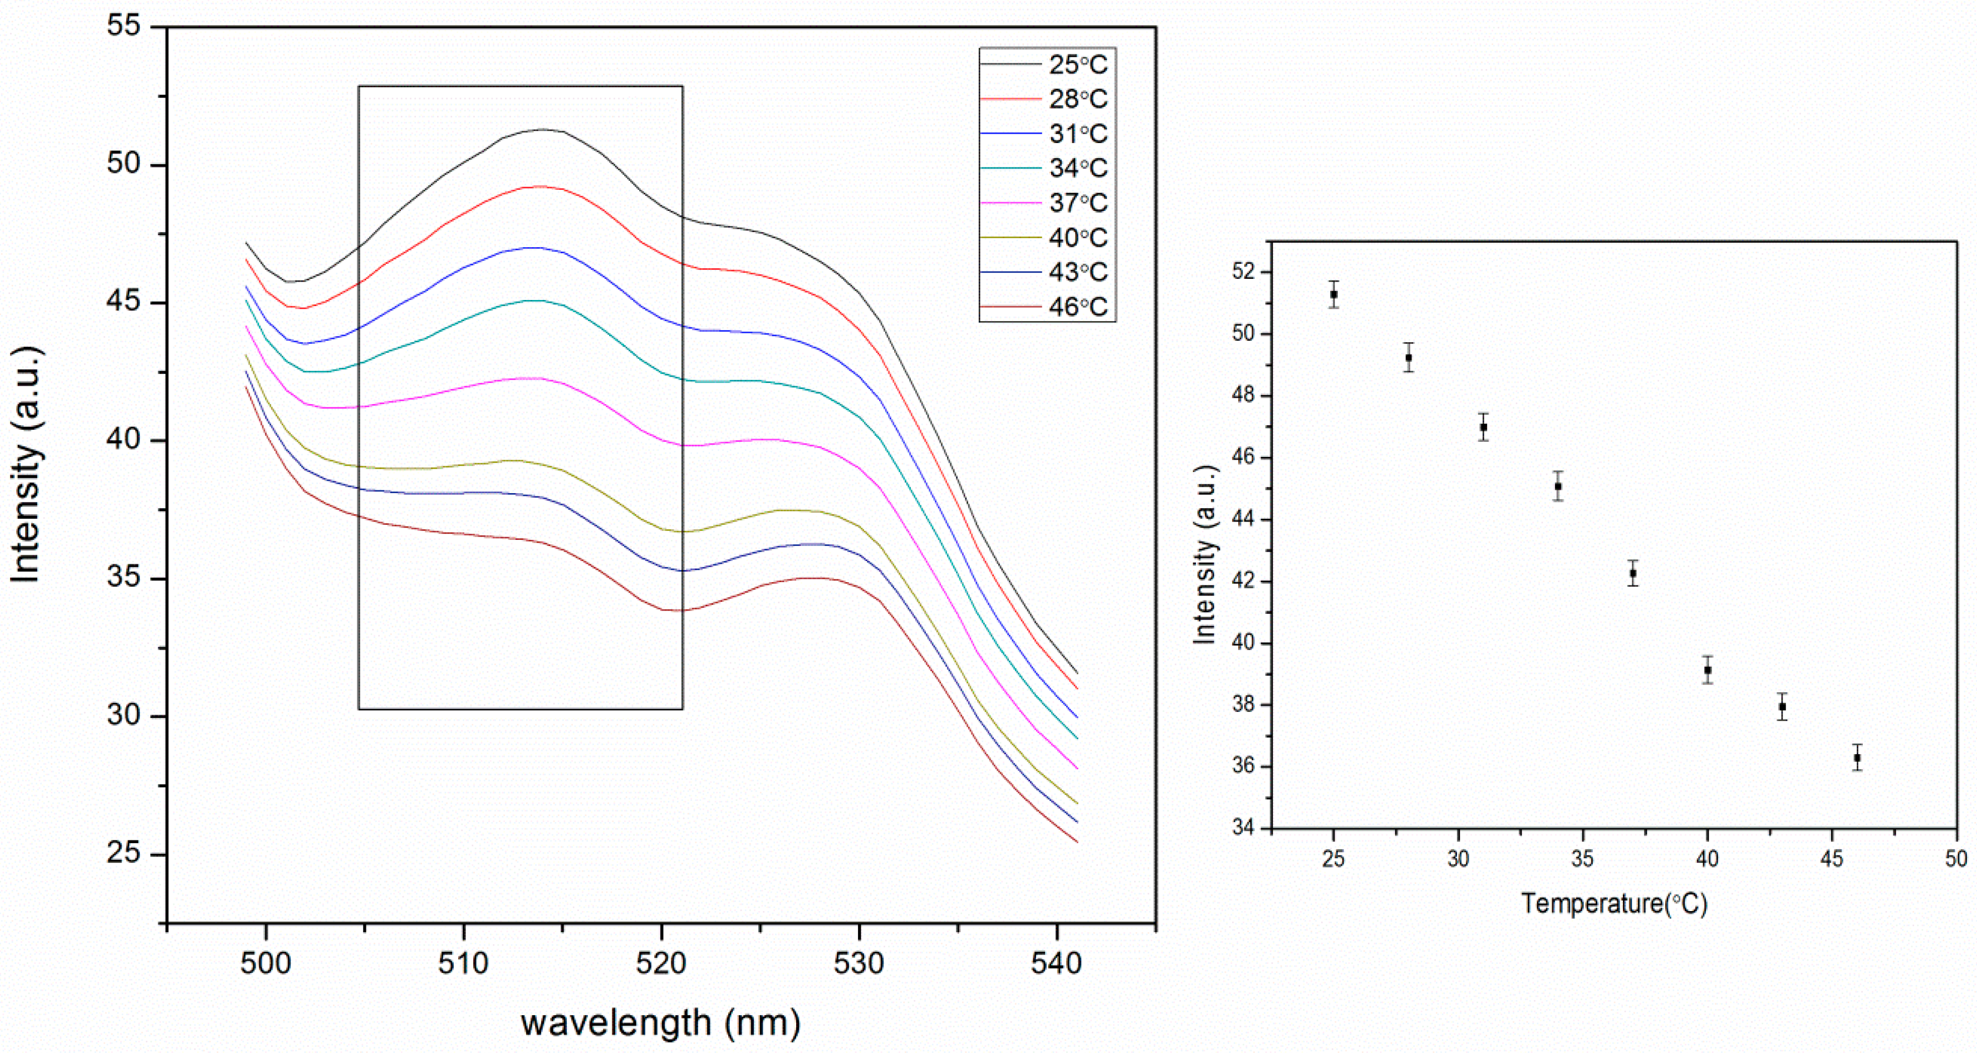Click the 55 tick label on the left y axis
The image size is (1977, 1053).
[x=124, y=26]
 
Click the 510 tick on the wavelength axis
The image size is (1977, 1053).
[x=464, y=963]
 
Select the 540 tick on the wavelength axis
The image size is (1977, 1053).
[x=1057, y=963]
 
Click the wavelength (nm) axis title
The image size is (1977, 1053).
[x=660, y=1022]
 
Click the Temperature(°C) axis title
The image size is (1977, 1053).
[x=1614, y=903]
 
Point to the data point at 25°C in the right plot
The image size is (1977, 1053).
[x=1334, y=294]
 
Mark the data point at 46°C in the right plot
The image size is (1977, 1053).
[x=1857, y=757]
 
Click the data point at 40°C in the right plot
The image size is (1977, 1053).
[x=1708, y=670]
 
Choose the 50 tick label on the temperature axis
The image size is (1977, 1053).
[x=1955, y=859]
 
